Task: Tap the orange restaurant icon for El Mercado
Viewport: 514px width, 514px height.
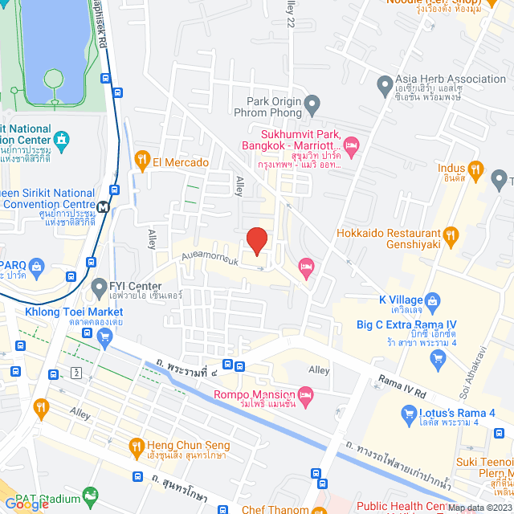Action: [x=143, y=161]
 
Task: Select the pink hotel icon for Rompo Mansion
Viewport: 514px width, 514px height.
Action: [x=305, y=394]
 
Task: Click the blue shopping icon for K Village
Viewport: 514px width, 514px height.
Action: [x=430, y=303]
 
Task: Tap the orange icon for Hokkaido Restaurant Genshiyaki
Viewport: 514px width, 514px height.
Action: [x=451, y=236]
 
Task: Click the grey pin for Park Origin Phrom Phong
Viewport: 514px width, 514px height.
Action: [x=313, y=103]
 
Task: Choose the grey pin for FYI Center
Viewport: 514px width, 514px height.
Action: [x=99, y=286]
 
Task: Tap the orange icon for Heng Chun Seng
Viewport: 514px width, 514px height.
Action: [x=137, y=446]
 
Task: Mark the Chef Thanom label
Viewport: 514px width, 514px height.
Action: [x=277, y=508]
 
